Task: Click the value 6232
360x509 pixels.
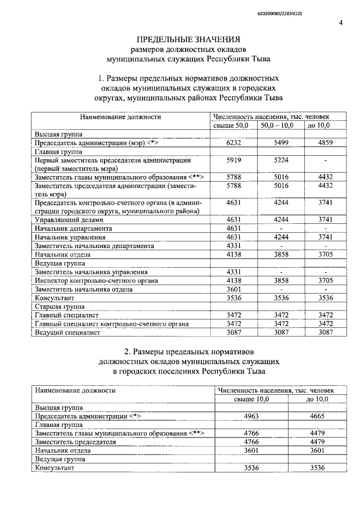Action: (233, 143)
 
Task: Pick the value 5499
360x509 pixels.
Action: (281, 143)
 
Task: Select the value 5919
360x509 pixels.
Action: (233, 160)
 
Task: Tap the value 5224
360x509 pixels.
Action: (281, 160)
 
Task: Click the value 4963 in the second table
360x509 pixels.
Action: (251, 417)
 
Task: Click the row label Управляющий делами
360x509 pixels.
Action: (61, 219)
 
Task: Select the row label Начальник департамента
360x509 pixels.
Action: (73, 228)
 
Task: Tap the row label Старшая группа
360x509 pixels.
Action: (60, 307)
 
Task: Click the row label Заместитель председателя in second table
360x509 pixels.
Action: (75, 442)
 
